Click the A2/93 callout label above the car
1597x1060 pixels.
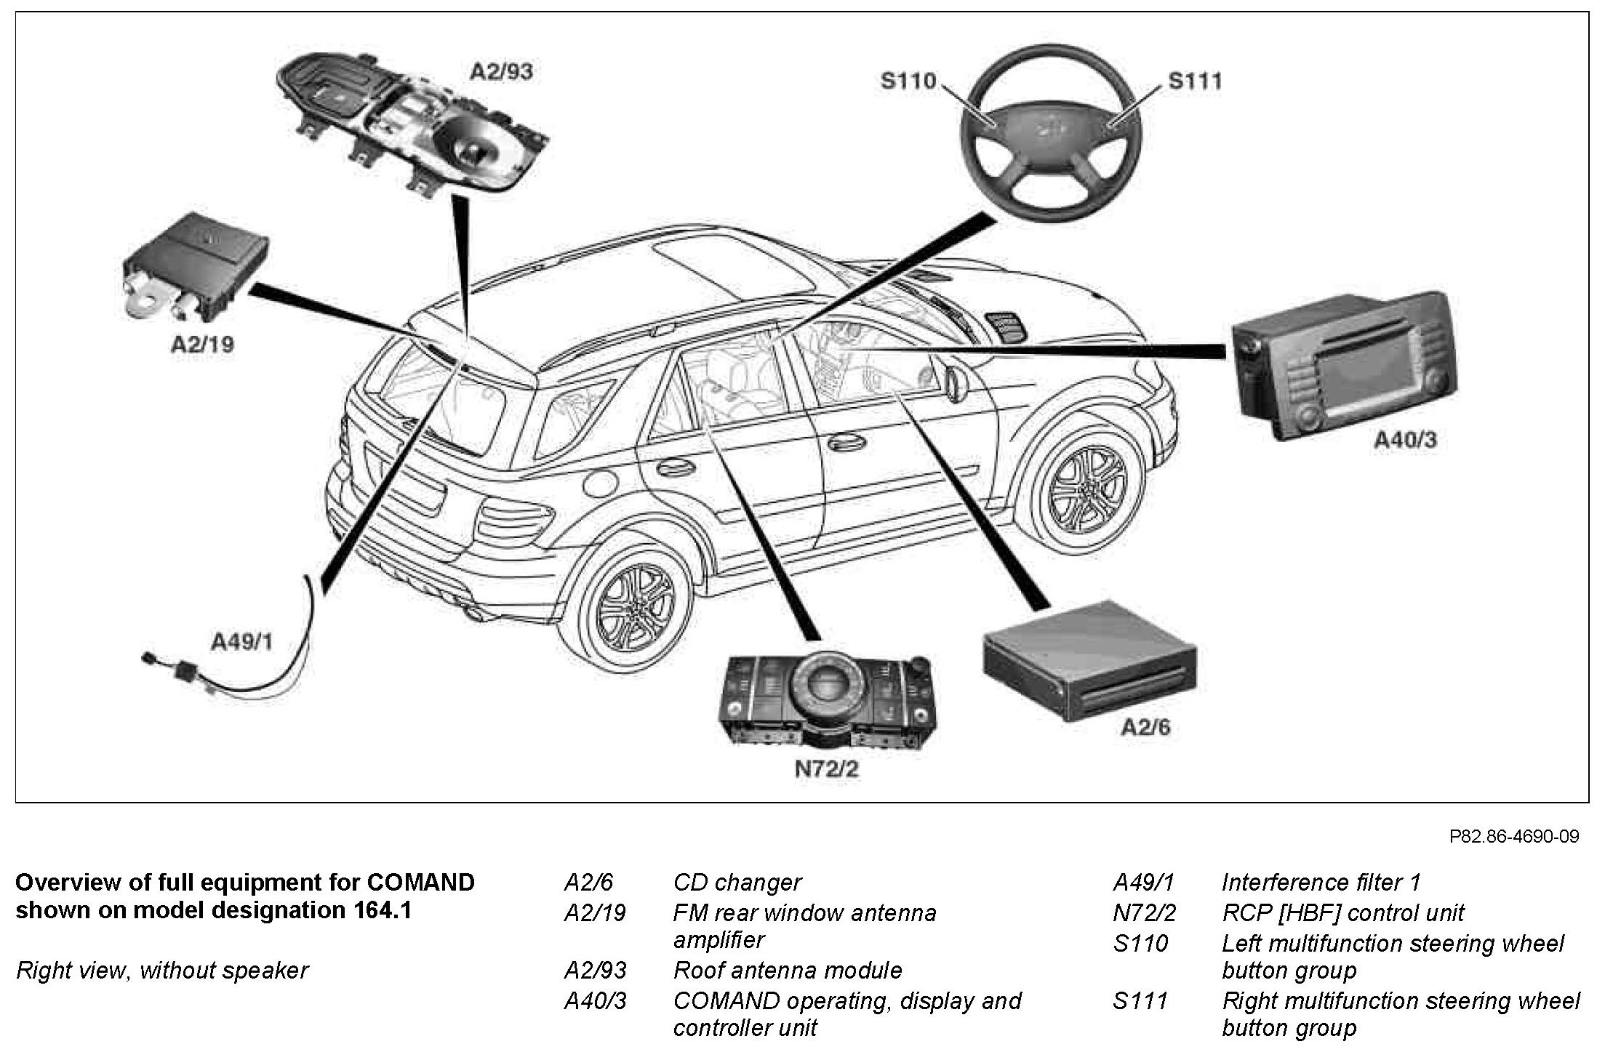coord(502,72)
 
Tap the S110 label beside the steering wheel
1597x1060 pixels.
coord(908,81)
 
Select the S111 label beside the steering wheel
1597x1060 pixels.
coord(1195,81)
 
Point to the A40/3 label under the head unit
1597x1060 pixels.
coord(1405,440)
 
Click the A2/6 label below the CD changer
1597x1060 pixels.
coord(1145,727)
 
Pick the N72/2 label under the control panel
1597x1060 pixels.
coord(826,769)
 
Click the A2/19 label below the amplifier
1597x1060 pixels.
coord(202,344)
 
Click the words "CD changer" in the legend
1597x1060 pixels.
coord(737,883)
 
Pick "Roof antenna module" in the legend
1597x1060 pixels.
coord(788,971)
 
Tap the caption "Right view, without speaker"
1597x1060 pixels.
coord(162,971)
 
